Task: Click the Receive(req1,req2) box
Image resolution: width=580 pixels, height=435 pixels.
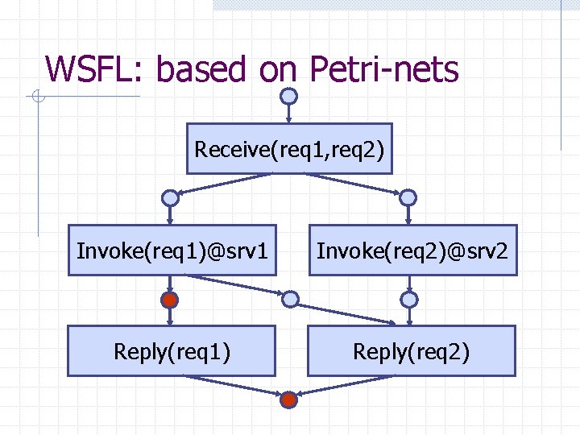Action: click(289, 149)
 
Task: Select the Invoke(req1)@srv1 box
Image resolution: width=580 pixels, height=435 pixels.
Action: click(172, 250)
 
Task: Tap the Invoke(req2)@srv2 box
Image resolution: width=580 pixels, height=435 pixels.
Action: click(412, 250)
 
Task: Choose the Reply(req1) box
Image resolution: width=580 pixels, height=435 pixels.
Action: click(172, 351)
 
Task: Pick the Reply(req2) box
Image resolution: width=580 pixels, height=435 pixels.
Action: click(411, 351)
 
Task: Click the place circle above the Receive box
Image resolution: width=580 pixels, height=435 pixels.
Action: click(288, 96)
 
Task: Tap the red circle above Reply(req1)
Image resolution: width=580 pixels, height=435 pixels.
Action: click(169, 300)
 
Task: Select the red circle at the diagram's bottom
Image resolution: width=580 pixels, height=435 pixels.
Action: click(289, 399)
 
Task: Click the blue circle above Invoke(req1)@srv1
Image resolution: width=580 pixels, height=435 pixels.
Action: click(169, 197)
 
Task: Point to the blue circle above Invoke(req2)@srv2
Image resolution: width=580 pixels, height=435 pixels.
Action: click(408, 197)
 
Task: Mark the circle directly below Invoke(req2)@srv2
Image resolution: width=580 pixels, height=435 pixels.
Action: click(409, 300)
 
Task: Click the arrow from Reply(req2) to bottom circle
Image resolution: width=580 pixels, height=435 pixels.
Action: click(350, 387)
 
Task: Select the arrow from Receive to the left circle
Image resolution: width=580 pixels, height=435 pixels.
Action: click(230, 184)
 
